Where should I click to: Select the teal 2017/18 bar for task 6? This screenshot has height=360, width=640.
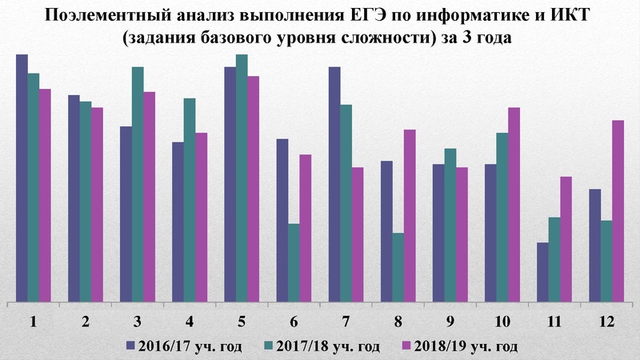(x=294, y=263)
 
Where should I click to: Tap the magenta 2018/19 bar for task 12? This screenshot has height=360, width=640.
(x=618, y=211)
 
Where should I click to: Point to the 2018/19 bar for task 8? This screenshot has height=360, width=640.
(x=410, y=216)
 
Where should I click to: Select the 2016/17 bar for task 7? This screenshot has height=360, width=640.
(x=334, y=185)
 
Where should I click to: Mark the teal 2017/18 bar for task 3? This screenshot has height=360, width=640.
(x=138, y=185)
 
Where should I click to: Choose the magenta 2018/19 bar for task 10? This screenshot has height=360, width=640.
(x=514, y=205)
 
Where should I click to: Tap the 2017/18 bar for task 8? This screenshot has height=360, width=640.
(x=398, y=268)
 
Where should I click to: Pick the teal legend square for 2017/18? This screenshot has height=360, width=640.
(x=269, y=346)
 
